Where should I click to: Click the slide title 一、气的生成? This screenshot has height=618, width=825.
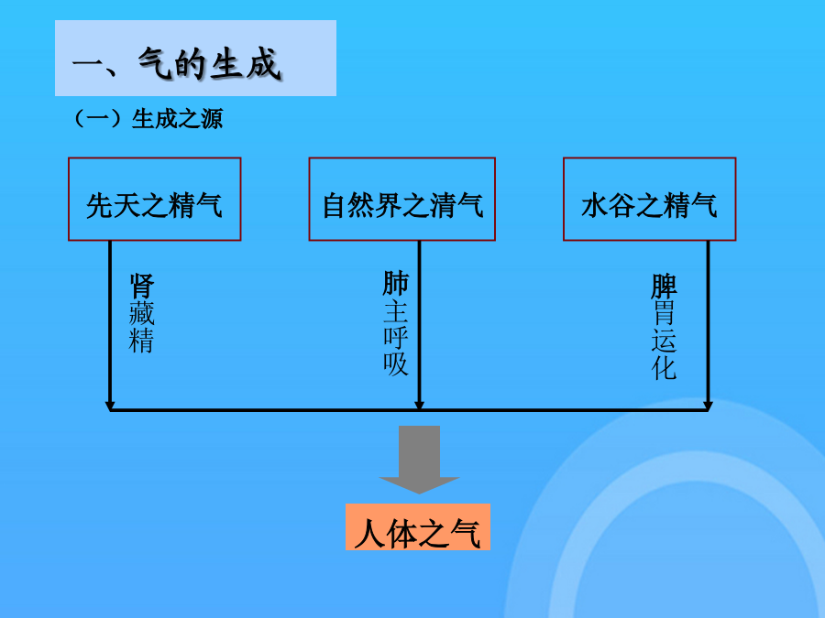(x=177, y=64)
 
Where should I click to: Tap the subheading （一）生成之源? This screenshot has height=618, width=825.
(x=148, y=119)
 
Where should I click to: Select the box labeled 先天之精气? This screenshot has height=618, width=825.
(x=155, y=200)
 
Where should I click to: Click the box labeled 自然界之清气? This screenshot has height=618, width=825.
(x=402, y=200)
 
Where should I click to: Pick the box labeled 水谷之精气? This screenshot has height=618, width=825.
(x=649, y=200)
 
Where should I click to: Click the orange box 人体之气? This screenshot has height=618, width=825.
(x=418, y=527)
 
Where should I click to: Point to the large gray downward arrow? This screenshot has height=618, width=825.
(x=419, y=460)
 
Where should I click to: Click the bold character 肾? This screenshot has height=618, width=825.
(x=142, y=286)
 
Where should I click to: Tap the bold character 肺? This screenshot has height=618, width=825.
(x=396, y=283)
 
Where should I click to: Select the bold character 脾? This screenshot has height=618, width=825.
(x=664, y=287)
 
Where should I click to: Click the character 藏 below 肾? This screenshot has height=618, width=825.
(x=142, y=313)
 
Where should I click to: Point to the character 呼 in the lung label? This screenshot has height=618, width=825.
(x=396, y=337)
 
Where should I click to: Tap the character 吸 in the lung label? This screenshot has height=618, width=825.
(x=396, y=363)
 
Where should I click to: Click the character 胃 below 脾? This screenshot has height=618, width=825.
(x=664, y=314)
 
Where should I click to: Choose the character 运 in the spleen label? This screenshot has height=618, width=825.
(x=664, y=341)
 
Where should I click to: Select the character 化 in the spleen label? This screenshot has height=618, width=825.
(x=664, y=368)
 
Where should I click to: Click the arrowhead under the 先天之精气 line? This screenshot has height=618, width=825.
(x=110, y=406)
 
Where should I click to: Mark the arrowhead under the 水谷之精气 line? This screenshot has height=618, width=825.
(x=708, y=406)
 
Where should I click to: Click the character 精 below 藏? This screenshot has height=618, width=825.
(x=141, y=340)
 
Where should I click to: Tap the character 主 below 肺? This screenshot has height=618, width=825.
(x=396, y=311)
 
